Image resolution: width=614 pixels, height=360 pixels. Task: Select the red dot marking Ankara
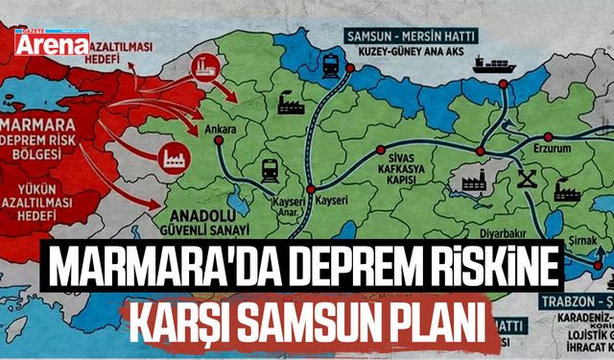[x=220, y=140]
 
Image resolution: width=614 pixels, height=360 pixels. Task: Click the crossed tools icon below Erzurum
[x=526, y=178]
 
